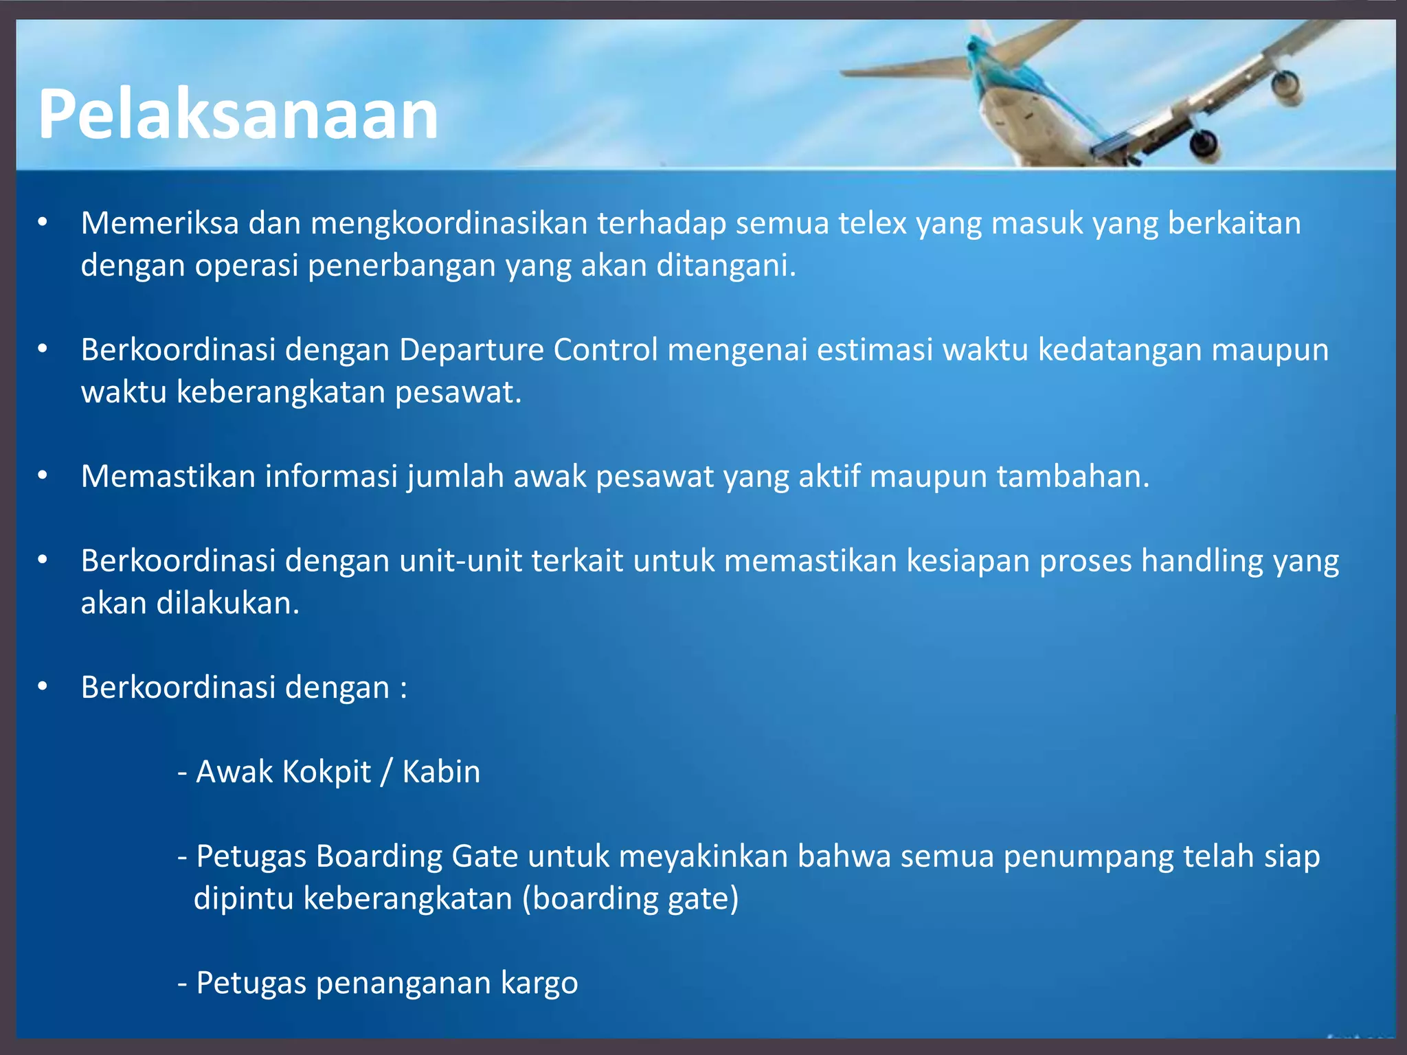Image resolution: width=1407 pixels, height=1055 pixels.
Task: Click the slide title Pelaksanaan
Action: coord(238,114)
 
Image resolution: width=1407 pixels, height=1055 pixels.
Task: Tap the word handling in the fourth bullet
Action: coord(1202,562)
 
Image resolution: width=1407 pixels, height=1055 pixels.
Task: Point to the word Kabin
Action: coord(441,771)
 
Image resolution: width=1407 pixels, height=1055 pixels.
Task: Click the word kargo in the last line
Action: coord(539,983)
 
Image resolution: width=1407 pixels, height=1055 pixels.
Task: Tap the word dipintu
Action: coord(244,899)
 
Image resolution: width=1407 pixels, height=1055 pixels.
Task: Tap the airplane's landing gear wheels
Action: coord(1204,144)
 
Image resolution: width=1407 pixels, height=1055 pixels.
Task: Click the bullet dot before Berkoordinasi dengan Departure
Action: coord(43,350)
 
